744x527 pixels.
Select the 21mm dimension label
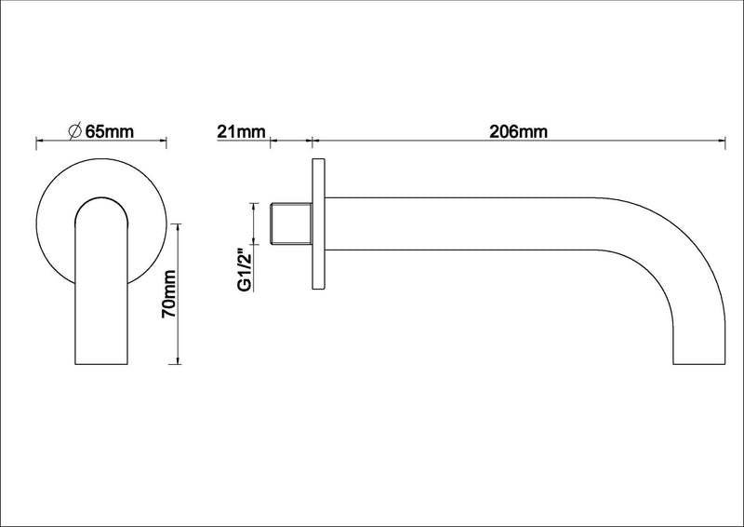[x=241, y=131]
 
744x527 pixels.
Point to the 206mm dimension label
[x=518, y=131]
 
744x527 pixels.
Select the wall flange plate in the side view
[x=317, y=224]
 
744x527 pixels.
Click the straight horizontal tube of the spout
[x=465, y=224]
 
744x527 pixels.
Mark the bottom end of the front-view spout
[x=101, y=363]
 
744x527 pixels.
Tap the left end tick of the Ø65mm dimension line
[x=35, y=143]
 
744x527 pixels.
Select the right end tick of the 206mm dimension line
[x=725, y=143]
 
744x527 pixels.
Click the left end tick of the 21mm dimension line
[x=269, y=143]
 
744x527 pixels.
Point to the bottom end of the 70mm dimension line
[x=178, y=364]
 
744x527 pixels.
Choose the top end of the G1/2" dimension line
[x=250, y=203]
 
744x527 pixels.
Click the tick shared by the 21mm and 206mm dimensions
[x=311, y=143]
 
